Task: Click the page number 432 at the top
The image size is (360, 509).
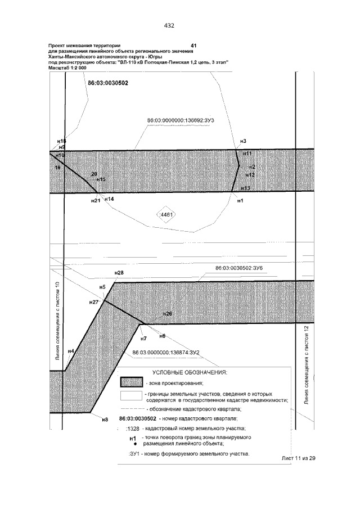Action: point(169,25)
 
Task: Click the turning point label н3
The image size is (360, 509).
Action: point(243,141)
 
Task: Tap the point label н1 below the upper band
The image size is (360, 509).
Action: point(240,200)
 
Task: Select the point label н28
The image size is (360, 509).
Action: point(119,273)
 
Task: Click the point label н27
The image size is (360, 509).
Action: point(94,302)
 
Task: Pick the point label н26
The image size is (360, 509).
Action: point(167,313)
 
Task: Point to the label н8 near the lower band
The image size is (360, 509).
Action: point(104,420)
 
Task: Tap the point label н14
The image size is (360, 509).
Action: point(109,199)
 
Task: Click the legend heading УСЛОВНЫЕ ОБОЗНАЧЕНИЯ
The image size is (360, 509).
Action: point(190,372)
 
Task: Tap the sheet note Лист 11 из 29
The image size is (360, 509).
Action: point(299,458)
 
